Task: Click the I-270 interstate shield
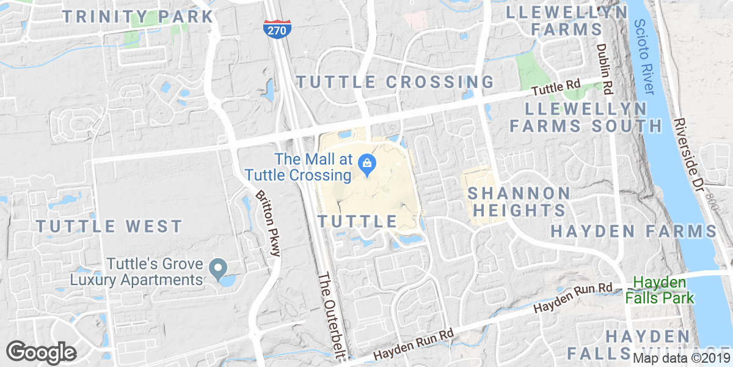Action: point(278,29)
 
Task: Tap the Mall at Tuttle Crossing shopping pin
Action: point(368,163)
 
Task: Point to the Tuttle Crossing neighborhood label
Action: point(395,82)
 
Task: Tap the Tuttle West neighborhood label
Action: point(109,226)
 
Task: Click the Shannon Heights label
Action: point(519,202)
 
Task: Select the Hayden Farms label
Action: point(633,231)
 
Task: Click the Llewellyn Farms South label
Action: point(586,117)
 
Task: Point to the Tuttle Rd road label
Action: point(555,89)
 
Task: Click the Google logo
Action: point(41,352)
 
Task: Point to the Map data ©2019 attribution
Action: point(681,358)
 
